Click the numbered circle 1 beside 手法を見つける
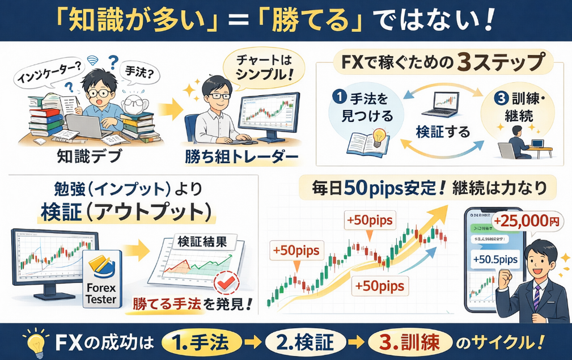point(341,98)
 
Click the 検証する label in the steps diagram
point(443,132)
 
